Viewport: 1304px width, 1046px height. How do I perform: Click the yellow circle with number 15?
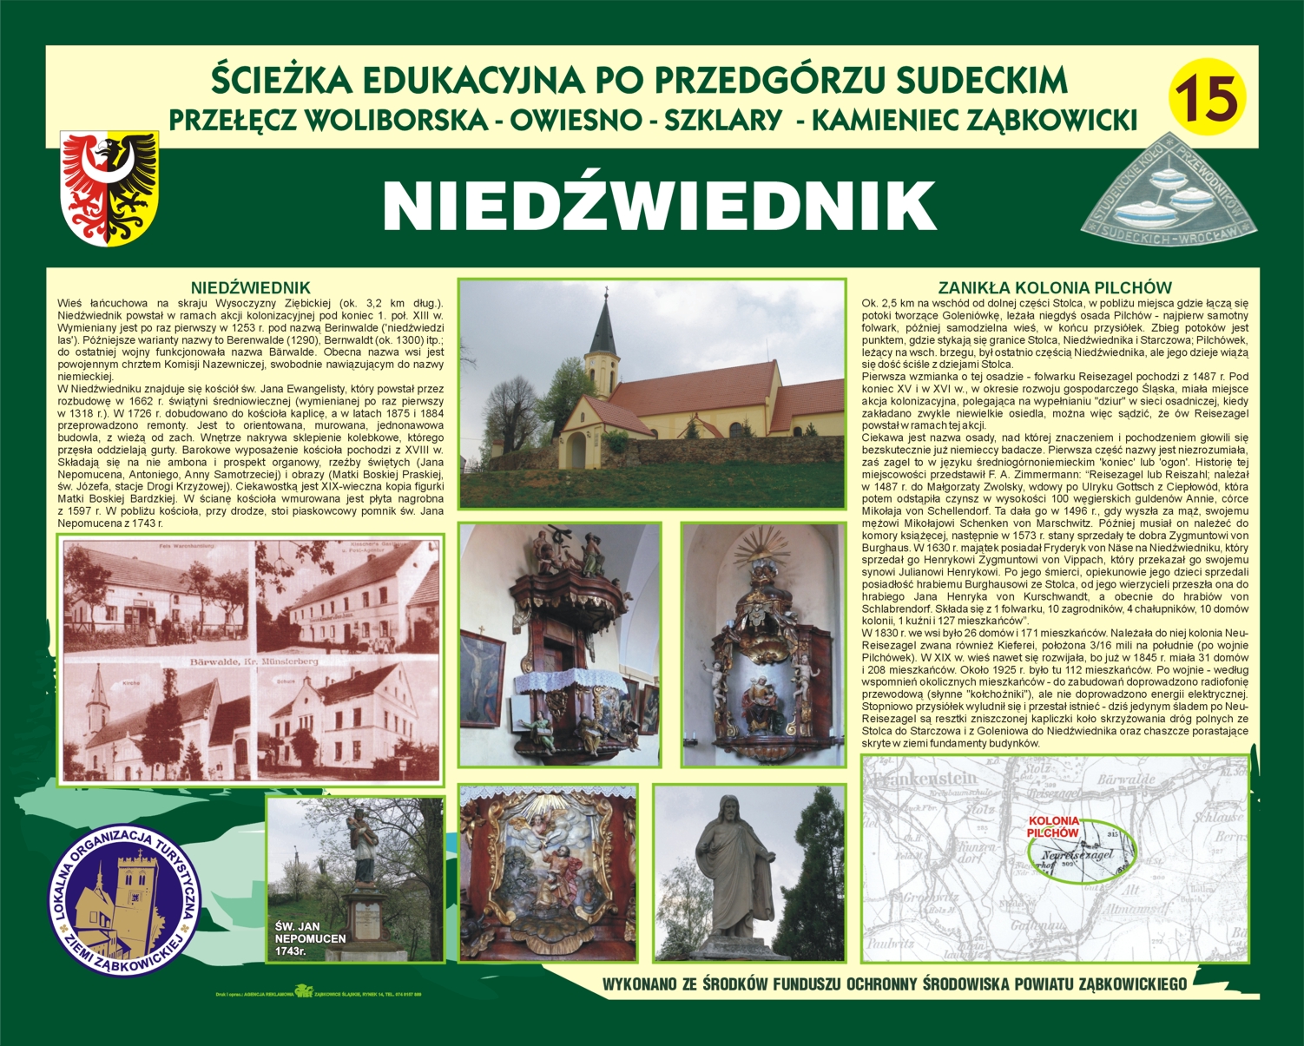point(1208,97)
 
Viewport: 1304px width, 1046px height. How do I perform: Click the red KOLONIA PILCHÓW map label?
point(1053,826)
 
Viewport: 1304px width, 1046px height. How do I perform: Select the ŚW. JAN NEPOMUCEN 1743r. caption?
point(310,938)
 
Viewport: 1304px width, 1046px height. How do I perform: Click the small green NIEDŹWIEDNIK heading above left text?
point(250,287)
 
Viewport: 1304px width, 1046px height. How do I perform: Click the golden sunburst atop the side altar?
point(761,547)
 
